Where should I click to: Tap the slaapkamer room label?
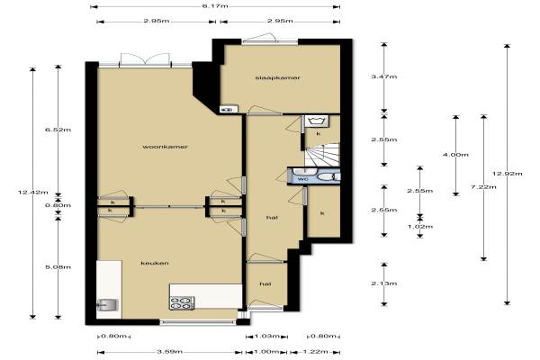[278, 78]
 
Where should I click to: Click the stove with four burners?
[182, 302]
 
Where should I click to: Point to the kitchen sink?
[108, 305]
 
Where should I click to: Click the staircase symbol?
[322, 155]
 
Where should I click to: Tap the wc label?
[302, 179]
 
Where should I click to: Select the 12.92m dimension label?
[508, 174]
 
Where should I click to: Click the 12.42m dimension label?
[33, 193]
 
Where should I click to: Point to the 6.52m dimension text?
[58, 130]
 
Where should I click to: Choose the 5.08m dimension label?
[58, 267]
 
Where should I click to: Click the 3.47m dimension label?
[384, 76]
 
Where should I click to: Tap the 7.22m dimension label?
[483, 187]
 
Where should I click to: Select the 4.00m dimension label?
[455, 155]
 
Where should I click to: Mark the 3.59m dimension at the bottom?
[169, 352]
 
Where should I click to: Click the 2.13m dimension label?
[384, 283]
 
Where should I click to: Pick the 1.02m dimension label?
[420, 227]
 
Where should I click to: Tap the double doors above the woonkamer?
[146, 59]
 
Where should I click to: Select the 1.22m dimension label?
[315, 352]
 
